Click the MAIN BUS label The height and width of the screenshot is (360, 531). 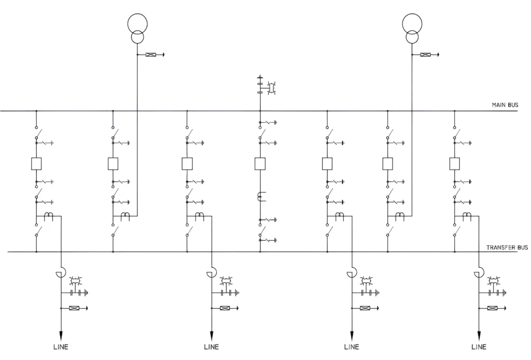(505, 105)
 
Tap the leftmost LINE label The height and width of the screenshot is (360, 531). (61, 347)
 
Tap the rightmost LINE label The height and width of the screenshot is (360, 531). (479, 347)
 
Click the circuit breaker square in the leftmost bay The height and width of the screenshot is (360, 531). (36, 164)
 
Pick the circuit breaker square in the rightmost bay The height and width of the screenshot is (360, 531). (455, 164)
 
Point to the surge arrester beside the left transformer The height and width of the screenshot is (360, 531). (151, 54)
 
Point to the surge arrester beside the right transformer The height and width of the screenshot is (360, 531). (426, 54)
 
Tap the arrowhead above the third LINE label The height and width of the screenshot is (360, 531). (352, 333)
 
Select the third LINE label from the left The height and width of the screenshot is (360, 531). (352, 347)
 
